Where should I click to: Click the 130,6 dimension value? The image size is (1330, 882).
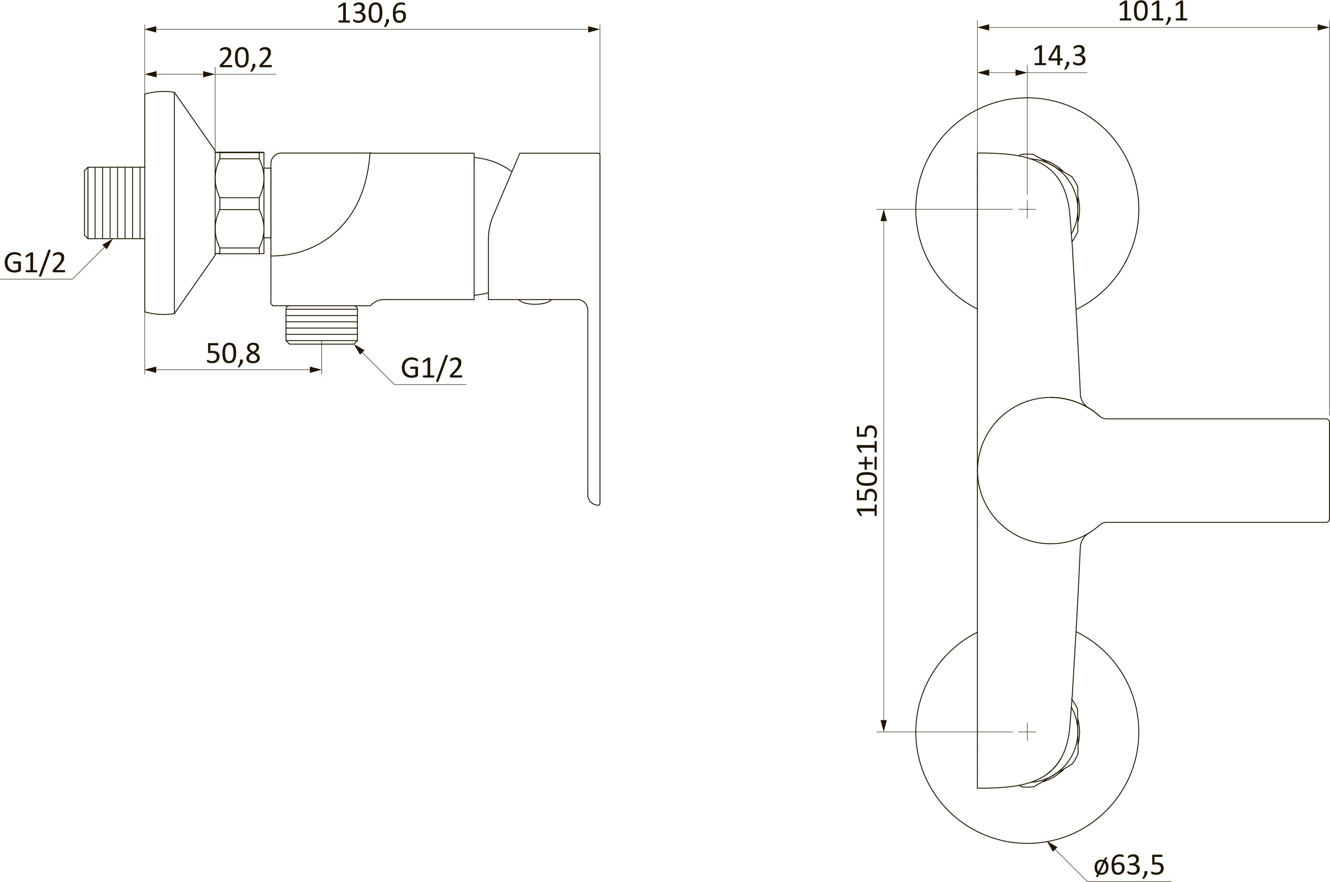[x=371, y=13]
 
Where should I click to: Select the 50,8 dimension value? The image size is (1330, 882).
[x=233, y=353]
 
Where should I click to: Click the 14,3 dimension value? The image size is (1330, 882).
[x=1059, y=56]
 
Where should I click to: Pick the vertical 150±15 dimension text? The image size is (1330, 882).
[x=866, y=470]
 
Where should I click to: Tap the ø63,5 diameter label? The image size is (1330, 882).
[x=1129, y=865]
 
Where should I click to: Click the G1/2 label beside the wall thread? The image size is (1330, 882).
[x=35, y=263]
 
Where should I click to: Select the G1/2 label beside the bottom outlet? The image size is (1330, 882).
[x=431, y=368]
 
